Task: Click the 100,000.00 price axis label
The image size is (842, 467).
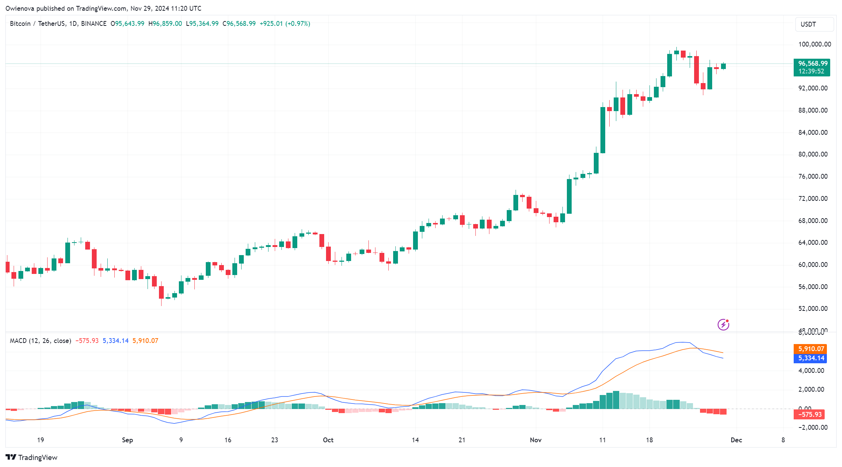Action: coord(814,44)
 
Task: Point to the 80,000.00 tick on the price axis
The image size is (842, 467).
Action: coord(813,154)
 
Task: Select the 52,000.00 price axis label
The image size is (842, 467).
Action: coord(813,309)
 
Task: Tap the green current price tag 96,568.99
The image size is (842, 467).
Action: coord(811,63)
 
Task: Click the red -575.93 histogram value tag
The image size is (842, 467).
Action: coord(810,415)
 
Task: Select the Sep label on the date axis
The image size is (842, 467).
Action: coord(127,440)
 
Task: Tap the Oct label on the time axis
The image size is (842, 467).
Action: coord(328,440)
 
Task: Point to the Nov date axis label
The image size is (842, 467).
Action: coord(536,440)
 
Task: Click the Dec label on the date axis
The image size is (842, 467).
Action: coord(736,440)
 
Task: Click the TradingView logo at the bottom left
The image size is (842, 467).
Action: coord(32,457)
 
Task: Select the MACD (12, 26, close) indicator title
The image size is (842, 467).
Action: coord(41,341)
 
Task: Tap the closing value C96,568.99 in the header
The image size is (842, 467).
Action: coord(239,24)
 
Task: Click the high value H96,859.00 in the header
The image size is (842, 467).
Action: coord(165,24)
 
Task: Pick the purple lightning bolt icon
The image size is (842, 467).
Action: coord(723,325)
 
